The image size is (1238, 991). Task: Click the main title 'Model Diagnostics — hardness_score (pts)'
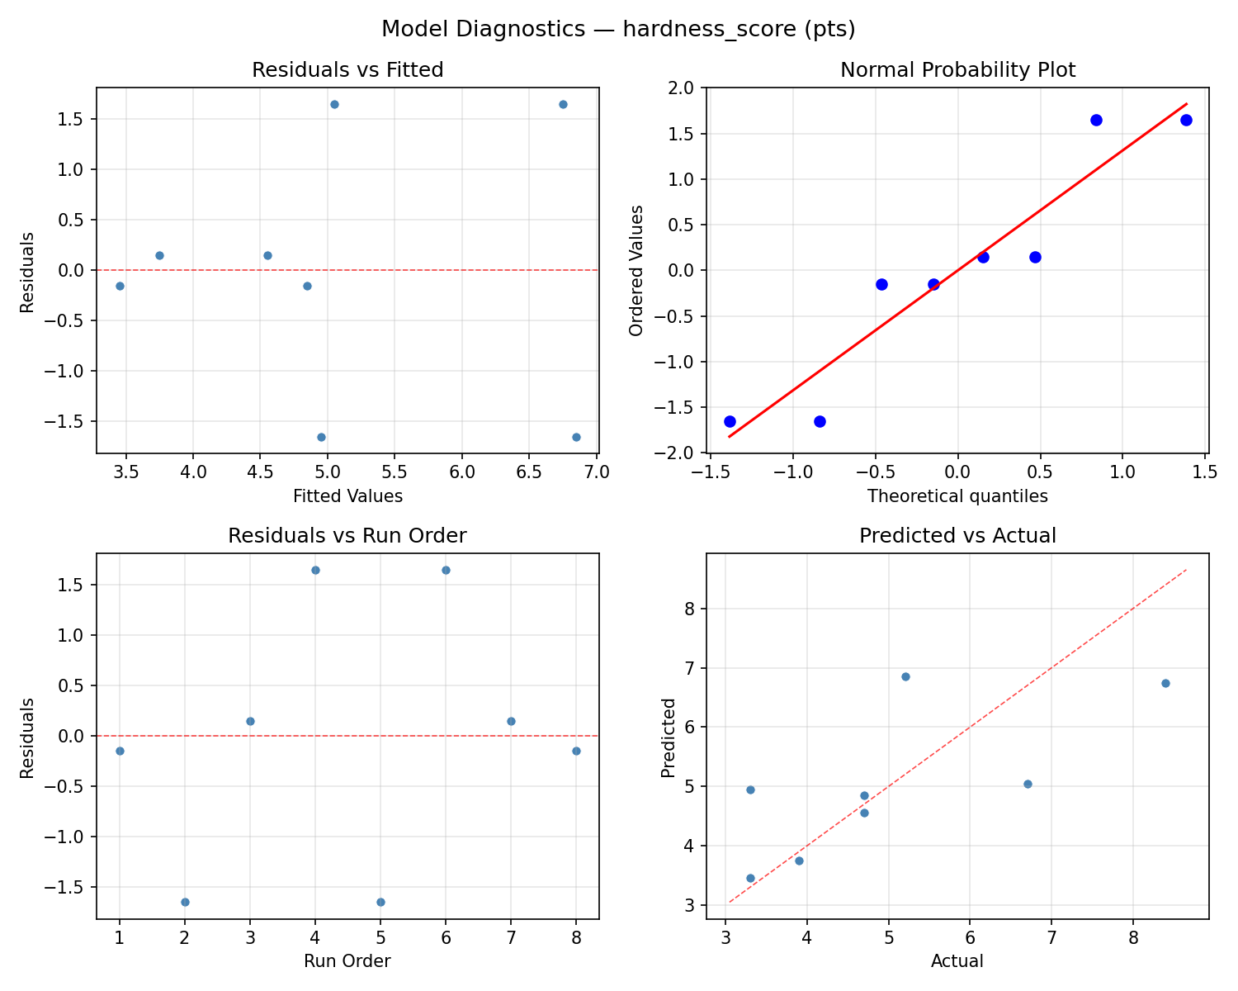618,29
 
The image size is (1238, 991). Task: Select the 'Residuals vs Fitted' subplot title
347,70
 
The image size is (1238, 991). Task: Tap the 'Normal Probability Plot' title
957,70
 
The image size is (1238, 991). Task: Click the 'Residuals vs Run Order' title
347,536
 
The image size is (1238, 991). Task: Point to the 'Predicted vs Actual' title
957,536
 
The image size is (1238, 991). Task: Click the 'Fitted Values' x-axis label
347,496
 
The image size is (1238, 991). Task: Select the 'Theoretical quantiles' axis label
957,496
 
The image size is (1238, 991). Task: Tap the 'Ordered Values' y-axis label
636,270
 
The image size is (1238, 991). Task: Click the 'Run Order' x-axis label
347,961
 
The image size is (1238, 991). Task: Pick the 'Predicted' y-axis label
669,737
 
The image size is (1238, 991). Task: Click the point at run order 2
185,902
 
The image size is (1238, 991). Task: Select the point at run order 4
315,570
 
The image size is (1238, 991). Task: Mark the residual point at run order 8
576,751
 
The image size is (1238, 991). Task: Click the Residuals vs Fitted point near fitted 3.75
159,255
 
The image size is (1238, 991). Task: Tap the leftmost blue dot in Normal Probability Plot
730,421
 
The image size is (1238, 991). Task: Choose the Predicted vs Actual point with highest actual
1165,683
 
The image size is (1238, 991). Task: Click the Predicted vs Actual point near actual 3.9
799,861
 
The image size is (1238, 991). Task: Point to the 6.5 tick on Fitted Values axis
529,472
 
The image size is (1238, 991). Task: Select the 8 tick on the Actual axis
1133,938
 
